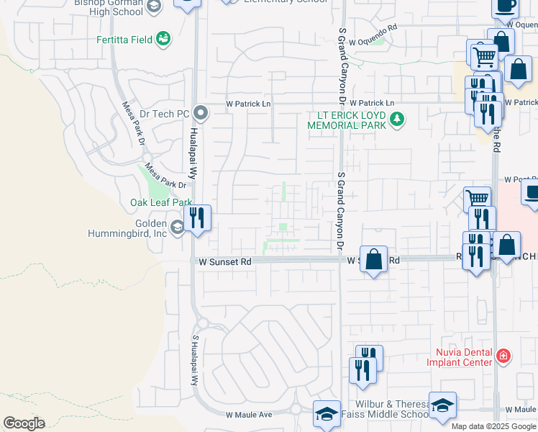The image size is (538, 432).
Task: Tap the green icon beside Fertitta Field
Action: tap(164, 38)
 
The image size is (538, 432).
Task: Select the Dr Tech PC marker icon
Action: tap(201, 113)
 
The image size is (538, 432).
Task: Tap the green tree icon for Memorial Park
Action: tap(396, 119)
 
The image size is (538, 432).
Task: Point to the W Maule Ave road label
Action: tap(249, 415)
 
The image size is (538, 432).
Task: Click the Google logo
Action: tap(24, 423)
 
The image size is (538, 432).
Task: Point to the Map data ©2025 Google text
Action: tap(493, 426)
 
